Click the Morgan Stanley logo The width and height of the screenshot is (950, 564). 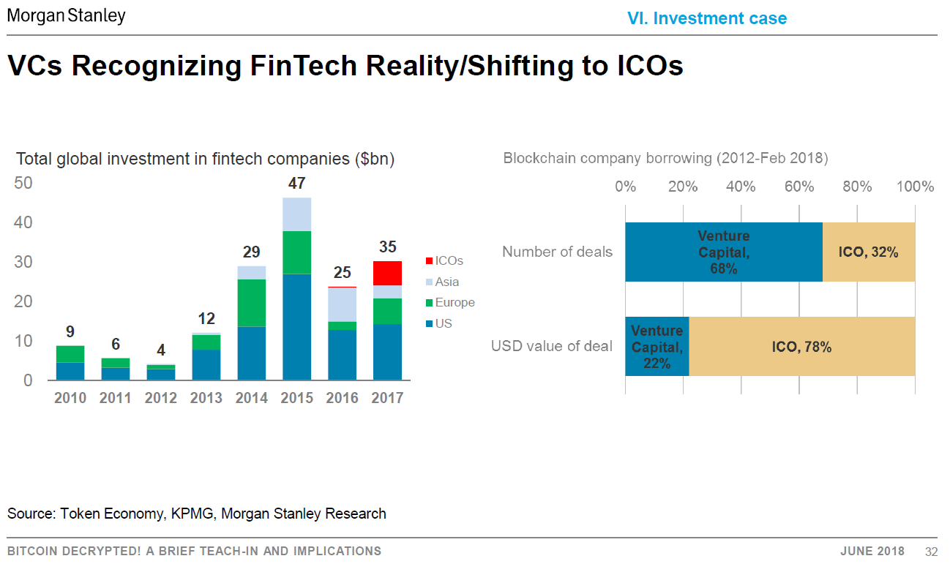tap(67, 15)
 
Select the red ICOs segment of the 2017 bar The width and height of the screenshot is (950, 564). tap(387, 273)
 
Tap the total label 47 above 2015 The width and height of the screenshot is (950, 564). tap(296, 184)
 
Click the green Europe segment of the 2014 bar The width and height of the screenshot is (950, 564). tap(251, 302)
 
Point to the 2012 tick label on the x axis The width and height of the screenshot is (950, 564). tap(160, 398)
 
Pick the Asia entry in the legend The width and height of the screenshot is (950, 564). tap(446, 282)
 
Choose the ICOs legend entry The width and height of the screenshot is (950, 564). tap(449, 260)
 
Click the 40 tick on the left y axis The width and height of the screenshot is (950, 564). tap(23, 222)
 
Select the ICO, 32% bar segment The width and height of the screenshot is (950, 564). tap(868, 252)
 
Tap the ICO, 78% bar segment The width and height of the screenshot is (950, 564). tap(801, 347)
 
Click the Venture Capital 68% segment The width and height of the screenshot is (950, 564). tap(723, 252)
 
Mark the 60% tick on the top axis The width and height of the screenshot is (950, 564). tap(798, 187)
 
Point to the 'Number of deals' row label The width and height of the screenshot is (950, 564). tap(557, 252)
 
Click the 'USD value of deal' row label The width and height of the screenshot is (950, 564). tap(551, 346)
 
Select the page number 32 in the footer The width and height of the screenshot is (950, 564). tap(931, 551)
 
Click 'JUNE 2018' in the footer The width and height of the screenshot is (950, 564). tap(872, 551)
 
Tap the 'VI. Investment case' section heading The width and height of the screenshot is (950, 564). tap(707, 18)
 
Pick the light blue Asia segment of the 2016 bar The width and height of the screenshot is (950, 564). tap(342, 304)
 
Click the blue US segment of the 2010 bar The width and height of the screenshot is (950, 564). tap(70, 371)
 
